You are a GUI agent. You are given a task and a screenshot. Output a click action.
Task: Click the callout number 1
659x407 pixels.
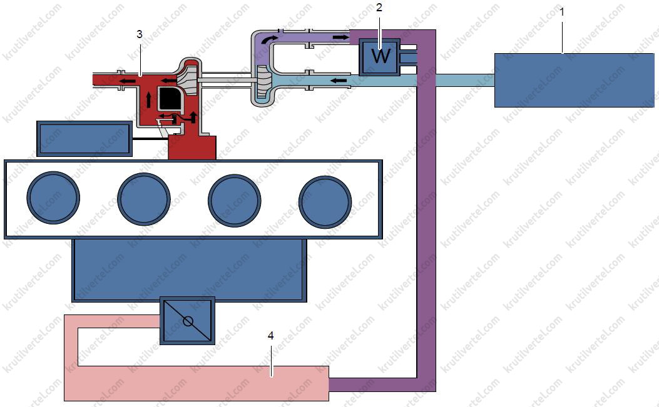click(x=563, y=12)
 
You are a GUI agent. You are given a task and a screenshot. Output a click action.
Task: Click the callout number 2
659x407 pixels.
click(x=379, y=8)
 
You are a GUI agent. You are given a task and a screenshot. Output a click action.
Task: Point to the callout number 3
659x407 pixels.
click(x=140, y=34)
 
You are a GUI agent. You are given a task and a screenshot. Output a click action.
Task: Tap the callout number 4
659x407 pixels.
click(x=270, y=336)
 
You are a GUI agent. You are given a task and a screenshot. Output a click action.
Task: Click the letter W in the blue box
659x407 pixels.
click(x=380, y=56)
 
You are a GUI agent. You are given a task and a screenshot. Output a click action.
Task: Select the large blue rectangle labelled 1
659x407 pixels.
click(x=574, y=80)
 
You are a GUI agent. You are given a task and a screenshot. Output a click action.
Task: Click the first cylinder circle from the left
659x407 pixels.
click(x=53, y=198)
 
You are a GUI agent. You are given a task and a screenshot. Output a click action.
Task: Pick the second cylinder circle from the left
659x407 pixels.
click(x=144, y=199)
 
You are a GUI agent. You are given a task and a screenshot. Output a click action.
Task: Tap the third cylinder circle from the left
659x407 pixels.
click(x=235, y=200)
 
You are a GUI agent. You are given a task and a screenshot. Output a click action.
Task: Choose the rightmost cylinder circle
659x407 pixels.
click(x=325, y=201)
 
